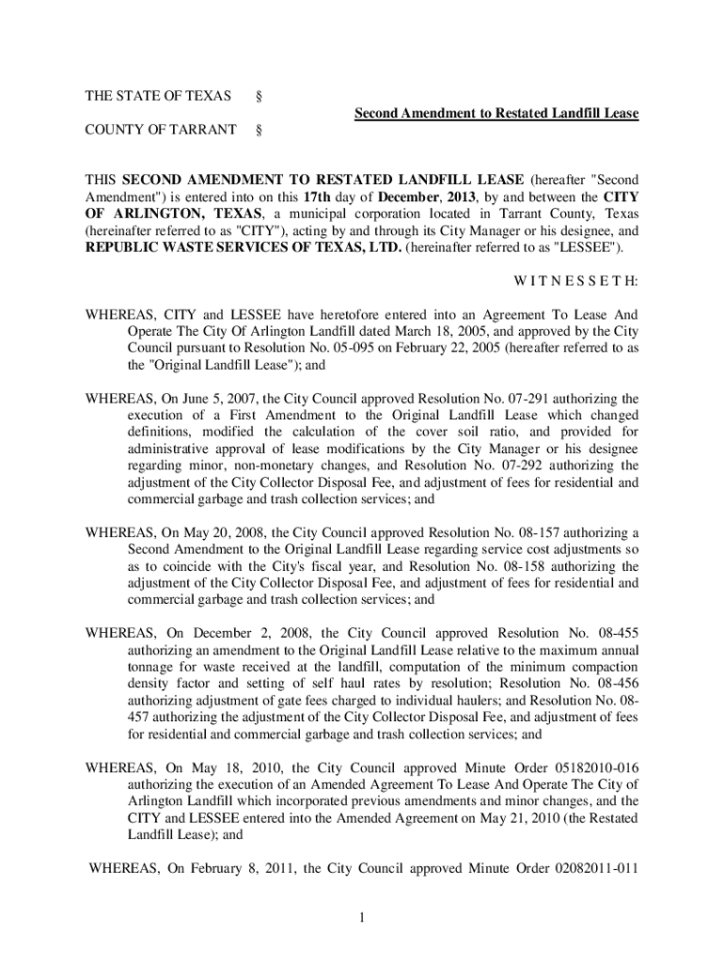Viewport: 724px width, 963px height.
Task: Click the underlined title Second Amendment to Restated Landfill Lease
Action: (496, 114)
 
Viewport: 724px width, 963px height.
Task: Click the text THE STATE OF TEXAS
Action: (157, 97)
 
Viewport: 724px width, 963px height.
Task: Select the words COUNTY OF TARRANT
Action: (160, 130)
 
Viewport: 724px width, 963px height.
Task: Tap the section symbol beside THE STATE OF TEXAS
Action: (259, 97)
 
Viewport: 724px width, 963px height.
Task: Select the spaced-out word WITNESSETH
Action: (575, 281)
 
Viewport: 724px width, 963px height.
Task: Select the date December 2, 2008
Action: (249, 632)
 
